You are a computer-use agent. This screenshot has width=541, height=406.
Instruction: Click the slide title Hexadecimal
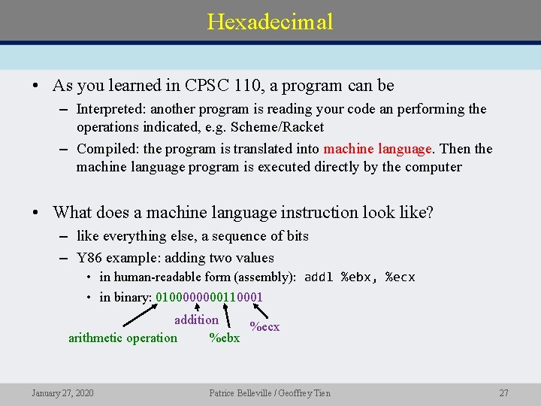click(x=270, y=21)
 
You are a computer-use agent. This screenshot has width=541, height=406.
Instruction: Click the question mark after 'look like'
click(x=429, y=213)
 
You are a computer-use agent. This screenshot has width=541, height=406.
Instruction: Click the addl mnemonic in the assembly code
click(x=319, y=277)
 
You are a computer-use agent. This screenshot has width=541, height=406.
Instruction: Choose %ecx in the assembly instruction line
click(x=400, y=277)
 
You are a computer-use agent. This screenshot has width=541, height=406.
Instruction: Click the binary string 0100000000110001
click(x=209, y=297)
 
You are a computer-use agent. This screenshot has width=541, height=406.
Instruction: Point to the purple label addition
click(x=196, y=320)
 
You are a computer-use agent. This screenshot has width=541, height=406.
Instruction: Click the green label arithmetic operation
click(x=122, y=338)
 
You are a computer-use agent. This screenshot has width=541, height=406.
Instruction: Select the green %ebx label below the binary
click(x=224, y=338)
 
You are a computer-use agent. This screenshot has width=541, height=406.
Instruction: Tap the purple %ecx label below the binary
click(x=264, y=326)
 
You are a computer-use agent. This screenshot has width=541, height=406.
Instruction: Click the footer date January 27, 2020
click(x=62, y=393)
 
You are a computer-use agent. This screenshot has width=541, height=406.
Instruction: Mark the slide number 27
click(x=503, y=393)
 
